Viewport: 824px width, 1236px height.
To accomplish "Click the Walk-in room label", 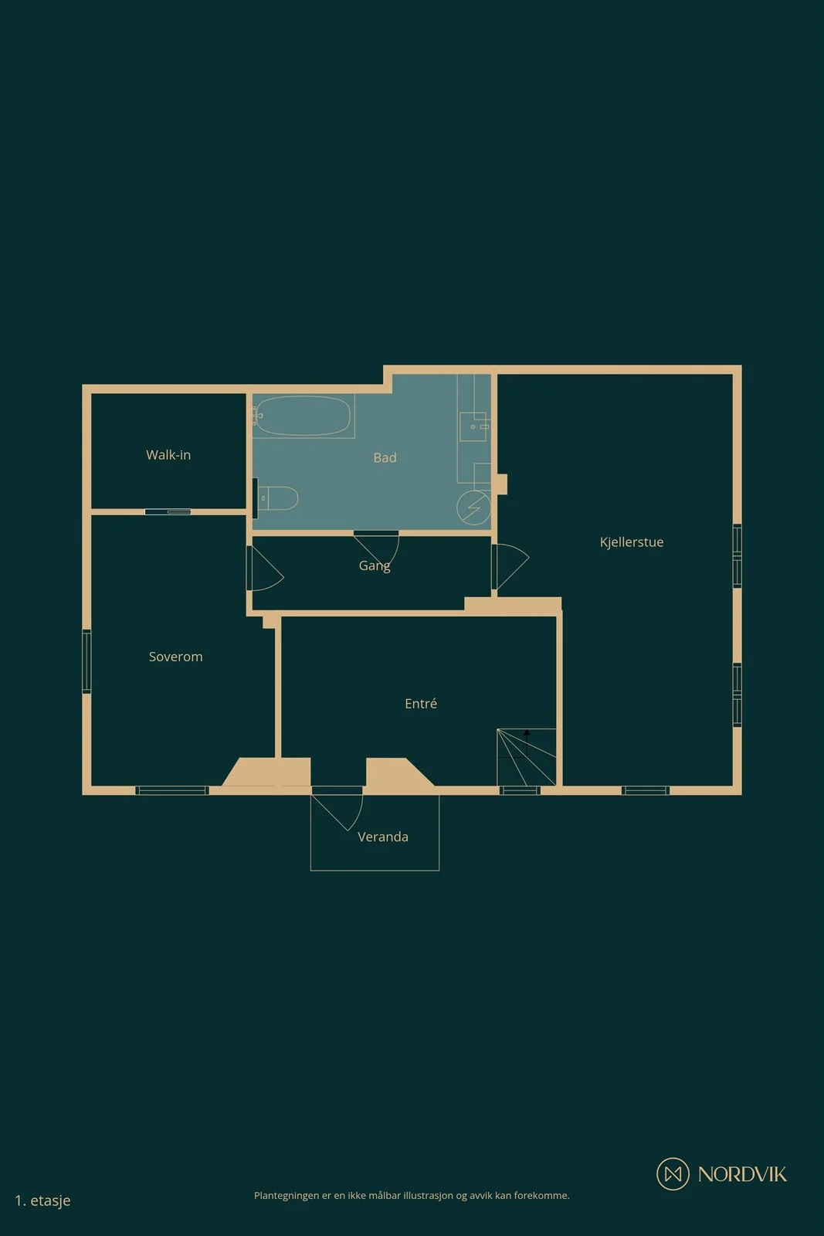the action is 168,455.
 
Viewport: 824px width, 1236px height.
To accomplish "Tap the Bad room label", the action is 385,457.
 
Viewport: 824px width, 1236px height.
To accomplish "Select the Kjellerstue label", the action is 632,542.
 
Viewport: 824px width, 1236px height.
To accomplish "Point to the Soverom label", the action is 175,657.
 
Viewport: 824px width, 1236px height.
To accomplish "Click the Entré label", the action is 421,703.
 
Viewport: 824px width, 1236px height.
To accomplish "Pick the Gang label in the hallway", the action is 375,565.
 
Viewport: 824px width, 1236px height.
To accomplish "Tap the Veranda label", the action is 383,837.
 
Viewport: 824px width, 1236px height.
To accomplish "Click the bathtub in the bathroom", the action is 303,416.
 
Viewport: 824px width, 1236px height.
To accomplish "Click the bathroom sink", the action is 473,426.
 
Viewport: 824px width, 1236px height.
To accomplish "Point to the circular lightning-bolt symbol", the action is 473,508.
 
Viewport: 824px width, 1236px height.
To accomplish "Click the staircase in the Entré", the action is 526,757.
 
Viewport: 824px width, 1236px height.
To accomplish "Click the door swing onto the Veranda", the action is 337,811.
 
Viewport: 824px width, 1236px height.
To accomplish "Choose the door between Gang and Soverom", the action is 266,569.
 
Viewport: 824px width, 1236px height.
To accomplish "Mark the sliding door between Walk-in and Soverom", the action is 168,512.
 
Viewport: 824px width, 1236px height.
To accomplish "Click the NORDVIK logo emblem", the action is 673,1173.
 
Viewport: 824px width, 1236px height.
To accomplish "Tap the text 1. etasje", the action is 42,1200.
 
